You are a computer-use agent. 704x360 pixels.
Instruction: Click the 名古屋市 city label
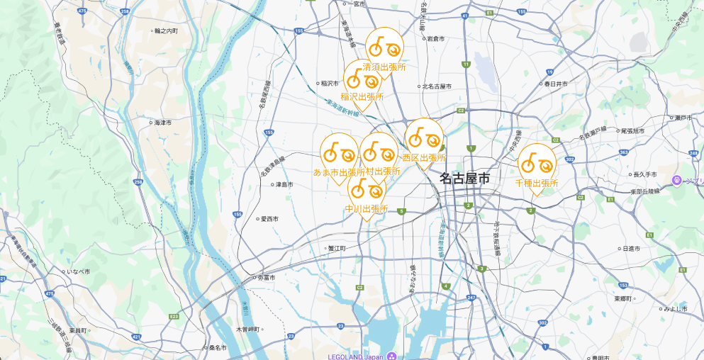[464, 178]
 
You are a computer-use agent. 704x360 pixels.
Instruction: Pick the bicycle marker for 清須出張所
[384, 47]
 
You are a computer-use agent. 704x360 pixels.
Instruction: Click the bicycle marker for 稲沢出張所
[362, 79]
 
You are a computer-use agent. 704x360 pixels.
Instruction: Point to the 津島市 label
[283, 184]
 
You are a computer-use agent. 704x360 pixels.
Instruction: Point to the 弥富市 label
[267, 277]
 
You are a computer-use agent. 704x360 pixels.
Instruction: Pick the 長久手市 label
[644, 174]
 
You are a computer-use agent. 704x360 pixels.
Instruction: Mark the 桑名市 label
[216, 348]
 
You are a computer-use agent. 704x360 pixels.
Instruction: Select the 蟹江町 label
[336, 248]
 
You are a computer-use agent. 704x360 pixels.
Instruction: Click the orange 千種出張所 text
[537, 183]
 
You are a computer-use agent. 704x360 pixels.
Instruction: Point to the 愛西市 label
[270, 218]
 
